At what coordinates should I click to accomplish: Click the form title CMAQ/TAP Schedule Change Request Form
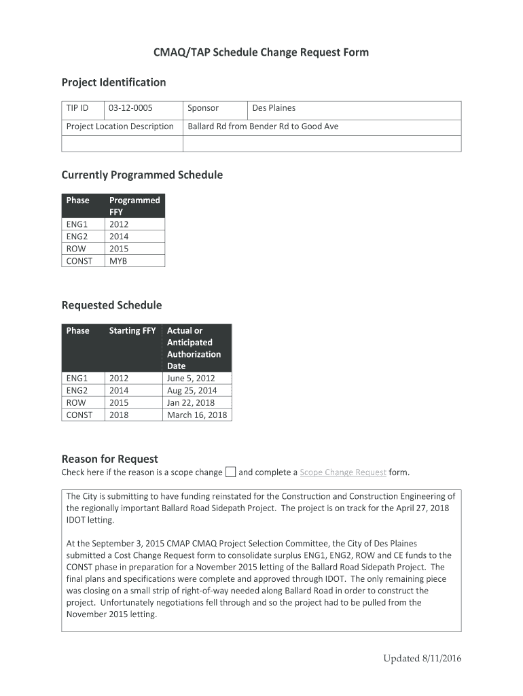point(261,52)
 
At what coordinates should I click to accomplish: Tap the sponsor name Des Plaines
point(274,108)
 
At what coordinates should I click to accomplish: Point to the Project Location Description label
point(120,126)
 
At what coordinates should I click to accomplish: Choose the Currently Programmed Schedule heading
point(142,175)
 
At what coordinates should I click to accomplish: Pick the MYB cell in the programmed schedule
point(118,261)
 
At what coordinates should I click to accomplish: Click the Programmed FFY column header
point(134,206)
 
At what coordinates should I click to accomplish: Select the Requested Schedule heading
point(111,305)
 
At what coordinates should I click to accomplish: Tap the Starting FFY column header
point(132,331)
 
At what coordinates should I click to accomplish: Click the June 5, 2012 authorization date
point(191,379)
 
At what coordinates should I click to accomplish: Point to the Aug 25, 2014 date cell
point(192,391)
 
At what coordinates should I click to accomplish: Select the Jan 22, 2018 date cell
point(191,403)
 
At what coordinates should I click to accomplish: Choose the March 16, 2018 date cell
point(197,415)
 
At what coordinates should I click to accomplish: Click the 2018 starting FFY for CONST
point(119,415)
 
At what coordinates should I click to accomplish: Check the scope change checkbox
point(230,472)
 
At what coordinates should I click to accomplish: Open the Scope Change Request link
point(343,472)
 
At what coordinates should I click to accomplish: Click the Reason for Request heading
point(109,459)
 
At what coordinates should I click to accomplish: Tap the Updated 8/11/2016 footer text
point(422,658)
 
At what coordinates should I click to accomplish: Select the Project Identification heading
point(113,82)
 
